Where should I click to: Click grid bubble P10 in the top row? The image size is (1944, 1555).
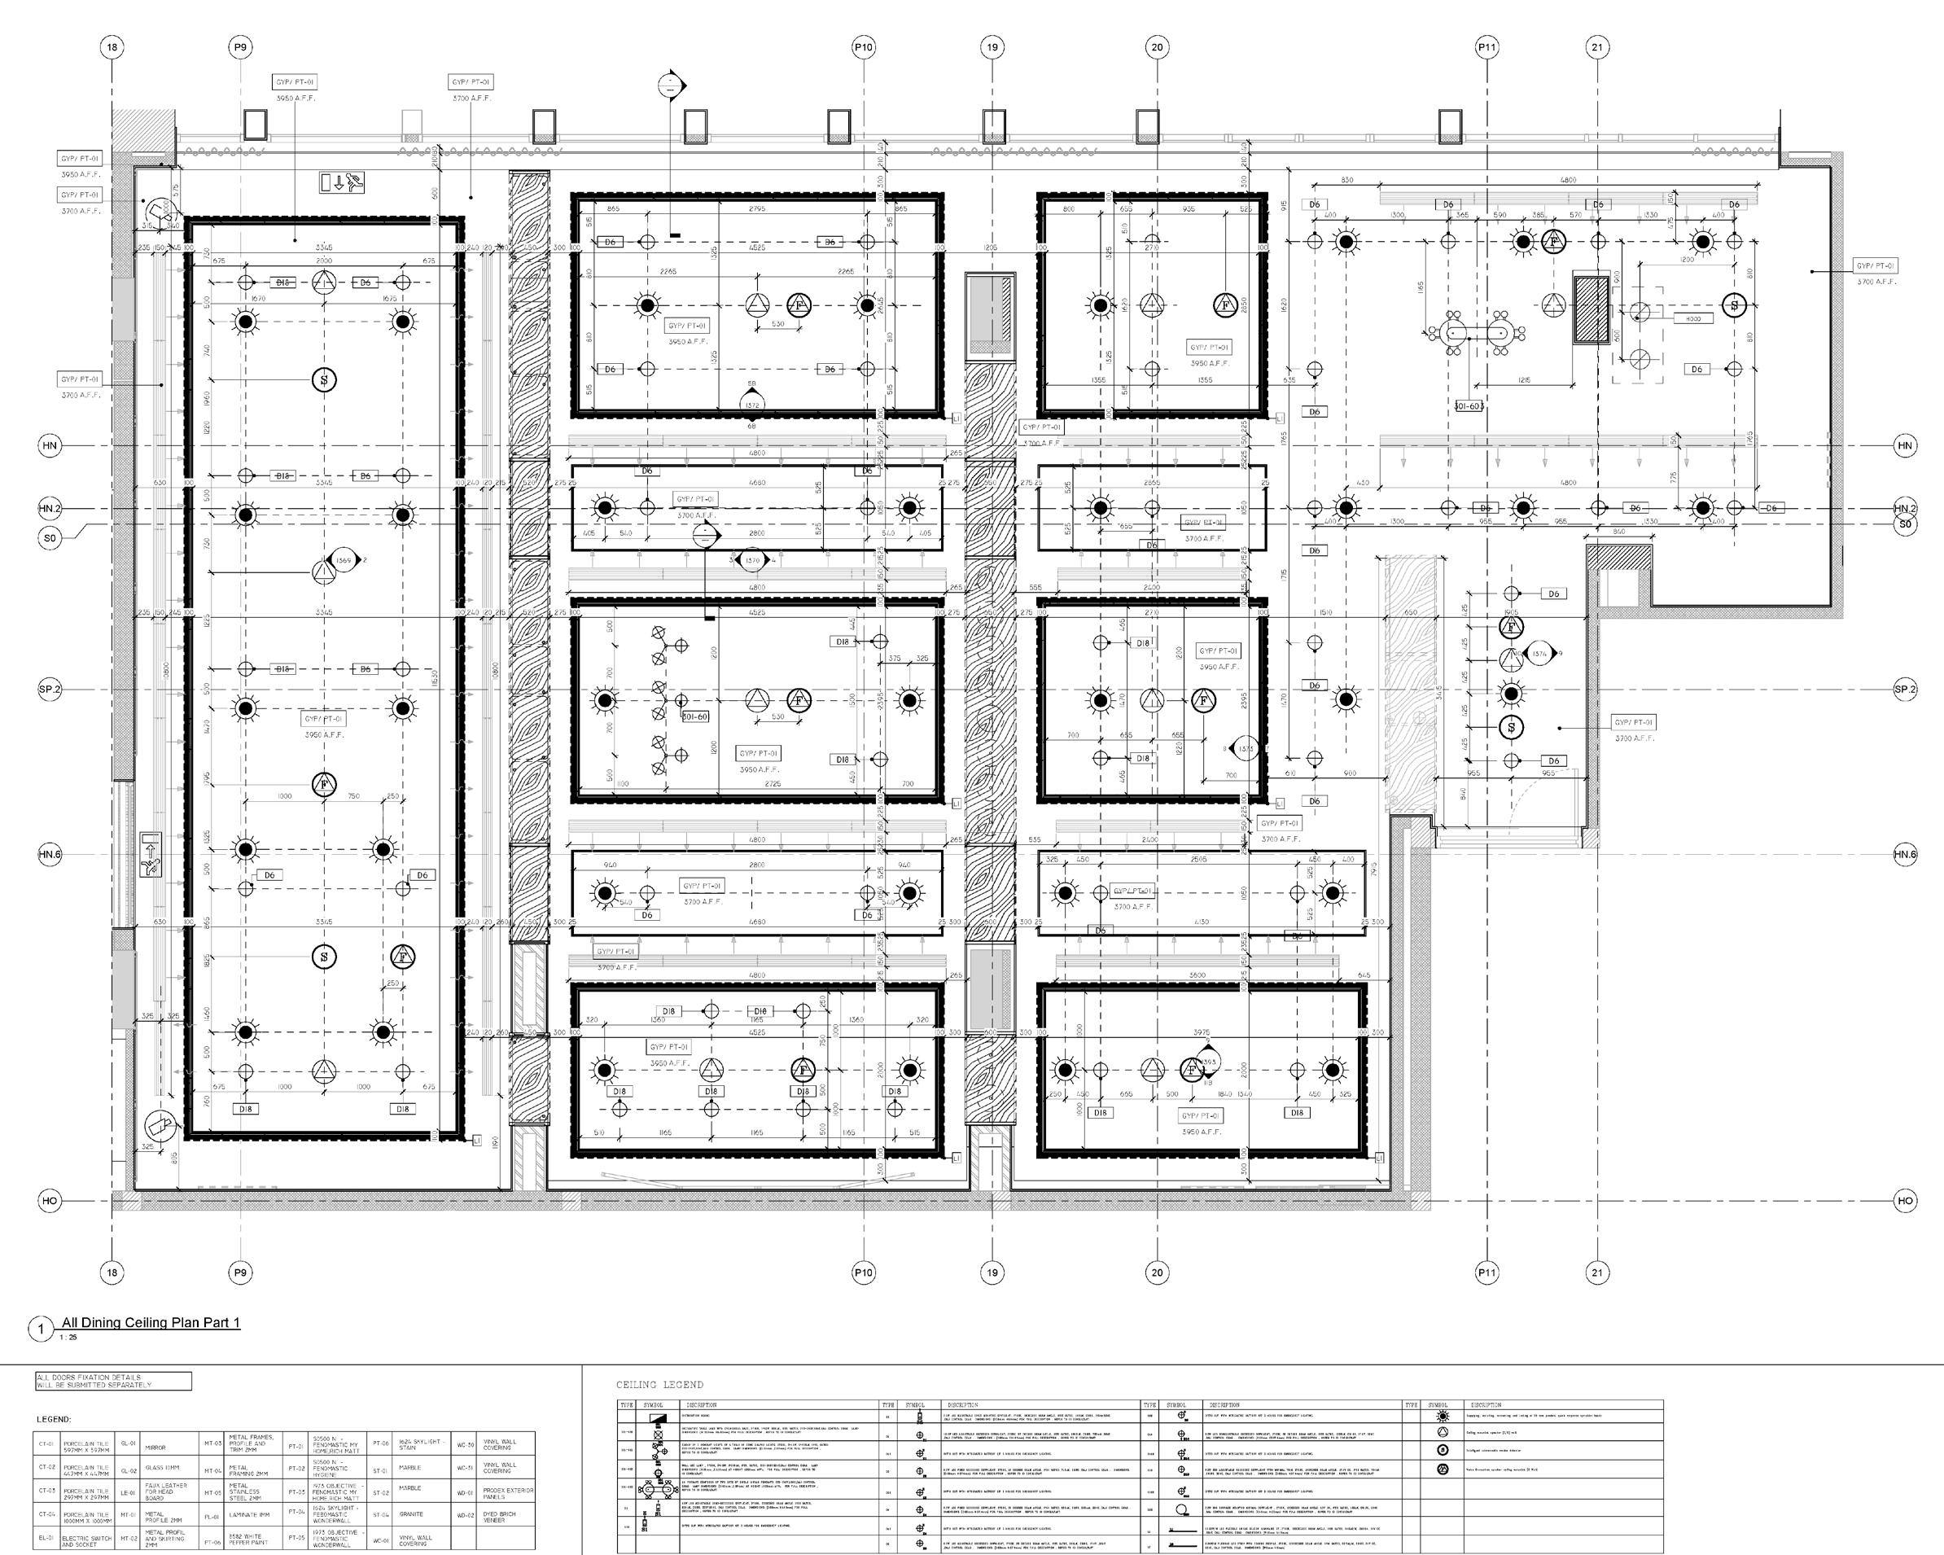click(863, 47)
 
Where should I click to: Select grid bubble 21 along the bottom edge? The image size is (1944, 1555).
click(1597, 1272)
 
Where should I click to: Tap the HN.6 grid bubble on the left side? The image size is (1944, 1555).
click(50, 854)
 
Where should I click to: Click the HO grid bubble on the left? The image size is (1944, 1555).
click(50, 1201)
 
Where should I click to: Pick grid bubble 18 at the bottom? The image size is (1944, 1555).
click(112, 1272)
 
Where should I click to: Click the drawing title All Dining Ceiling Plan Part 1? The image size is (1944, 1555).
click(151, 1322)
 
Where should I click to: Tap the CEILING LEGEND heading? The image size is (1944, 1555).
click(659, 1384)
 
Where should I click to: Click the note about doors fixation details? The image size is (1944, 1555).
click(112, 1381)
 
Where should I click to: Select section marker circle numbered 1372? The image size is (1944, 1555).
click(752, 405)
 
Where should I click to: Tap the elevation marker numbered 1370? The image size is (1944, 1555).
click(752, 560)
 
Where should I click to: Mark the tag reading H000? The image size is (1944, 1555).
click(1693, 318)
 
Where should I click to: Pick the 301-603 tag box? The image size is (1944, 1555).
click(1469, 406)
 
